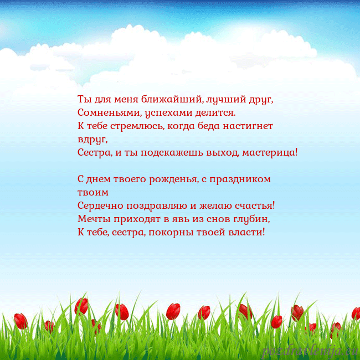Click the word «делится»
tap(215, 113)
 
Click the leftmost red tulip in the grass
tap(21, 321)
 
